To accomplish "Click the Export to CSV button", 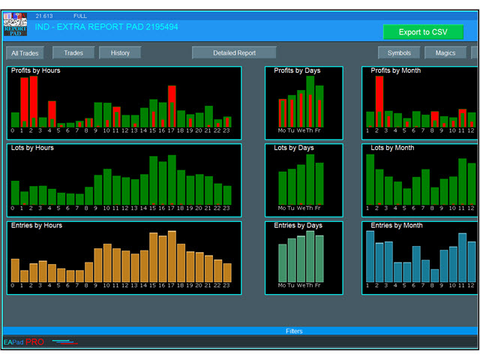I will pyautogui.click(x=423, y=32).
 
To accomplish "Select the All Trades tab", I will pyautogui.click(x=25, y=53).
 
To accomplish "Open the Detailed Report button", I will pyautogui.click(x=234, y=53).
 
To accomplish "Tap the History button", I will pyautogui.click(x=120, y=53).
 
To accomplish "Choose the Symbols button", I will pyautogui.click(x=399, y=53).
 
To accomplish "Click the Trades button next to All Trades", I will pyautogui.click(x=73, y=53).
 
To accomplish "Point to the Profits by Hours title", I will pyautogui.click(x=36, y=70).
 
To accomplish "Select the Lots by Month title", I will pyautogui.click(x=396, y=148).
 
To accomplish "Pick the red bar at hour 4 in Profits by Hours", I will pyautogui.click(x=51, y=114).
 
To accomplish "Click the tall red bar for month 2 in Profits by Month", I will pyautogui.click(x=379, y=101).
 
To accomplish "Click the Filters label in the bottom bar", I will pyautogui.click(x=294, y=331).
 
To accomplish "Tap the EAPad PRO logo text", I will pyautogui.click(x=24, y=342).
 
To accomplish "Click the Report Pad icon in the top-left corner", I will pyautogui.click(x=15, y=25).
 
